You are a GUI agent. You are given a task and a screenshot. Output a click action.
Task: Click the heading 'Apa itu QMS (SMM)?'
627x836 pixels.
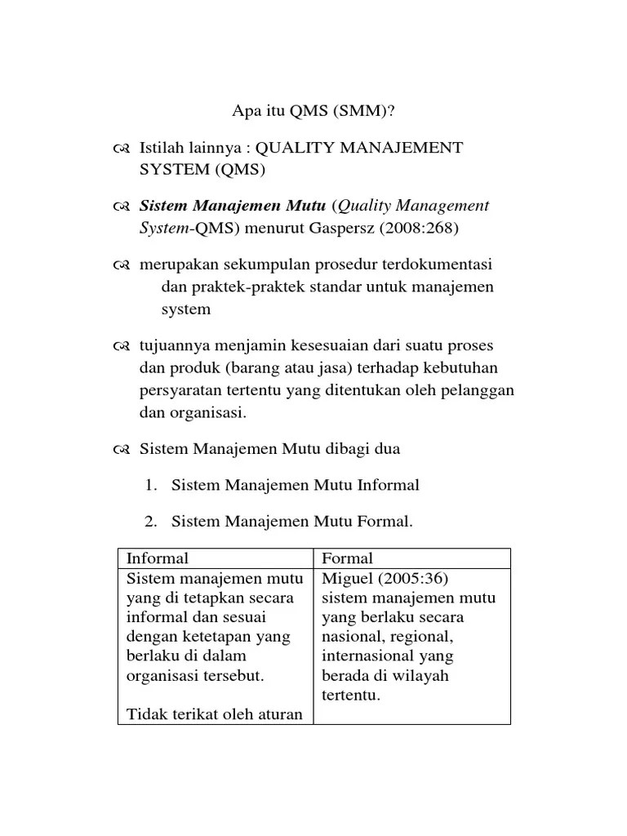click(x=314, y=112)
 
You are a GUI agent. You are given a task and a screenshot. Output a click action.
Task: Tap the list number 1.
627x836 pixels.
click(x=149, y=485)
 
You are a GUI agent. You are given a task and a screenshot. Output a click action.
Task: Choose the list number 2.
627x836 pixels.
click(x=149, y=522)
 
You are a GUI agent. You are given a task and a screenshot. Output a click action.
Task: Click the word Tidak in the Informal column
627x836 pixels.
click(x=145, y=714)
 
